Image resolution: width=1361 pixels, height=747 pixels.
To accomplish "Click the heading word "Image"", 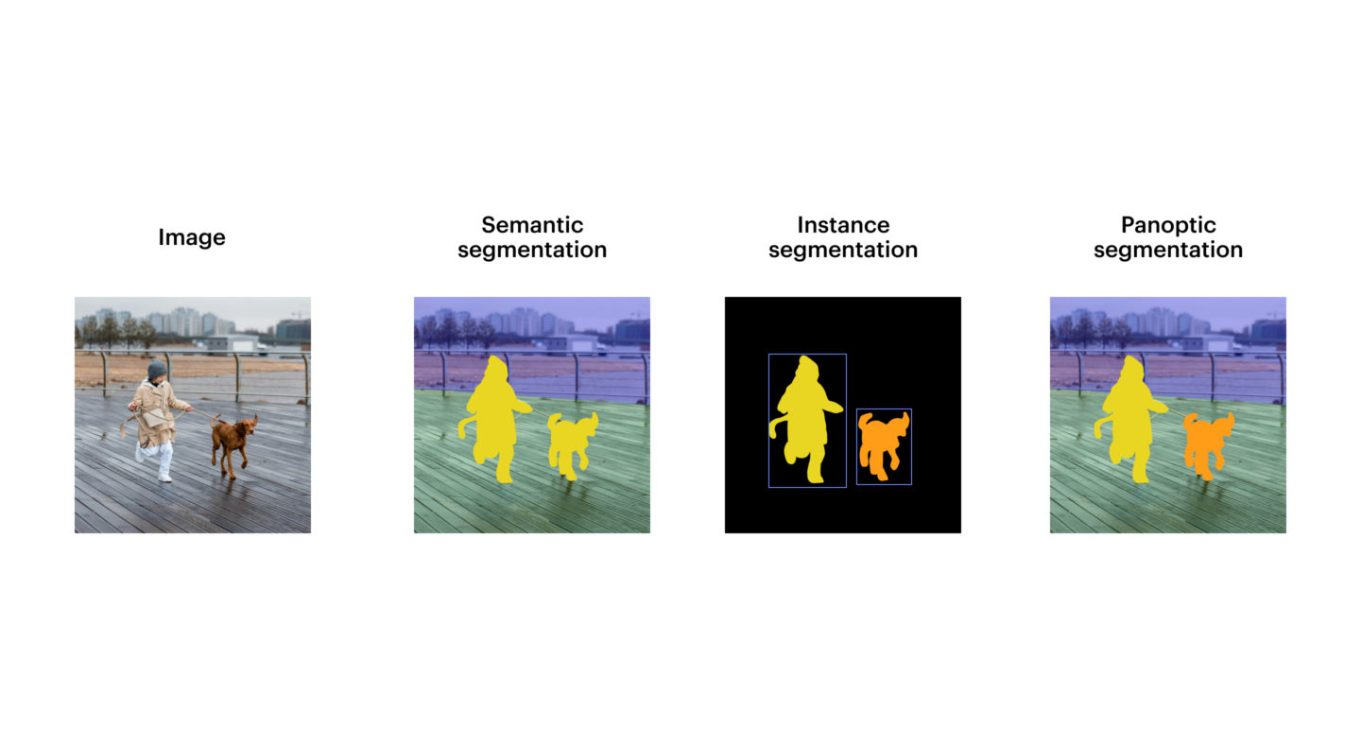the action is point(192,237).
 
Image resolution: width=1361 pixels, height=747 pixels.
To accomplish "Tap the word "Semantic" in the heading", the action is point(532,225).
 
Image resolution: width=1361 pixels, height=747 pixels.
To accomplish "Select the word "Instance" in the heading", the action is point(843,225).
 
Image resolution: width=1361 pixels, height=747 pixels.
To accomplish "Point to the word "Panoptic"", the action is point(1168,225).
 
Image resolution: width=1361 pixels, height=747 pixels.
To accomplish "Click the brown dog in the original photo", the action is point(233,443).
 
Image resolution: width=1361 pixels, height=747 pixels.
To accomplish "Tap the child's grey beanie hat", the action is point(157,369).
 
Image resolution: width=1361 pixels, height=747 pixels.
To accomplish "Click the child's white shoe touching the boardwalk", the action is point(165,478).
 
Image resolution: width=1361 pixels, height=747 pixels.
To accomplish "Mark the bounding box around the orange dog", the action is point(856,446).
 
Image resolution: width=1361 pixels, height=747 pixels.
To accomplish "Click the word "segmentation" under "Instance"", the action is point(843,250).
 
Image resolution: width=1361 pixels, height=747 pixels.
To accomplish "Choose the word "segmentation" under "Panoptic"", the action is point(1168,250).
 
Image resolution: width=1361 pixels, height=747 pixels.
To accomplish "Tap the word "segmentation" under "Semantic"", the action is point(532,250).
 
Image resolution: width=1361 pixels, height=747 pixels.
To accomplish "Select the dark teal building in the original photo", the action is point(293,331).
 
